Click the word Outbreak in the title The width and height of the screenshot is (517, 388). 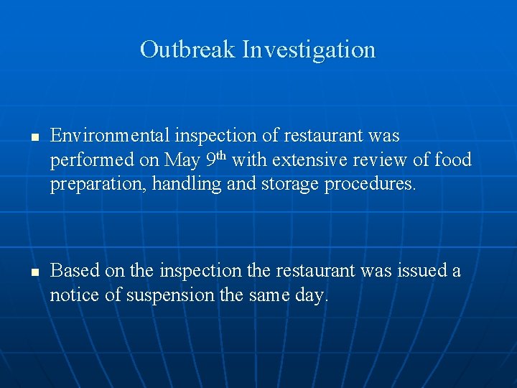pyautogui.click(x=188, y=50)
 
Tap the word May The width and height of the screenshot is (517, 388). pyautogui.click(x=179, y=160)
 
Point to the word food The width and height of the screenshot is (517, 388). pyautogui.click(x=453, y=160)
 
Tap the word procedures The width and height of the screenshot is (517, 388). pyautogui.click(x=370, y=185)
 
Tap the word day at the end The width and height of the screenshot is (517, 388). pyautogui.click(x=313, y=296)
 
